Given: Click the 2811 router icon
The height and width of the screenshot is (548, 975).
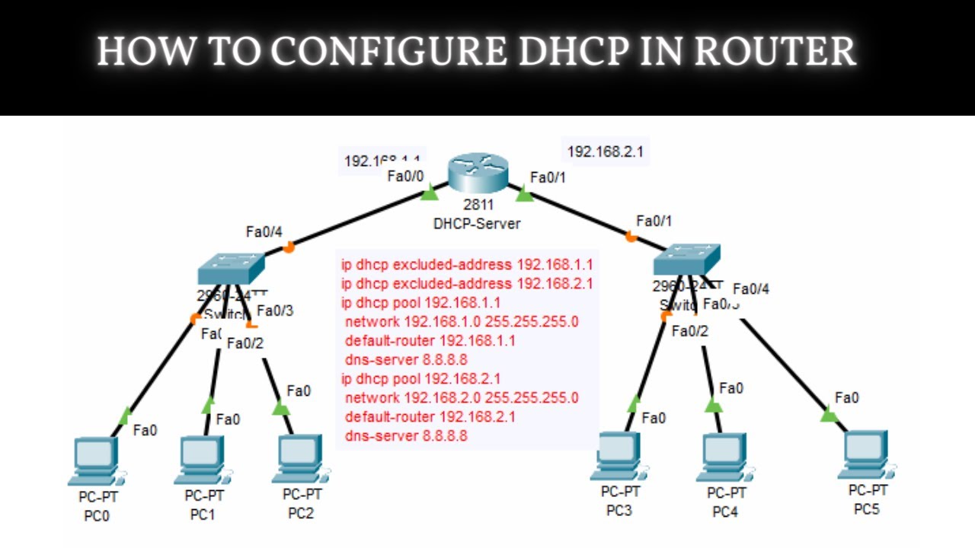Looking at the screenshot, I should [x=478, y=173].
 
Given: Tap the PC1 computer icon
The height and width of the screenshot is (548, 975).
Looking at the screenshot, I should [x=201, y=460].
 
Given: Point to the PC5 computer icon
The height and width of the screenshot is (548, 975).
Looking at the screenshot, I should [x=866, y=455].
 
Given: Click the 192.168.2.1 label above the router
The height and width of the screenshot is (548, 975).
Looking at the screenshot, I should [x=605, y=151].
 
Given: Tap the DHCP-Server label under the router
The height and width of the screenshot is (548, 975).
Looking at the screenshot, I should [x=477, y=224].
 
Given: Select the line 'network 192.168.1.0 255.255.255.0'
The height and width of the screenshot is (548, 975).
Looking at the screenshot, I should [x=462, y=321].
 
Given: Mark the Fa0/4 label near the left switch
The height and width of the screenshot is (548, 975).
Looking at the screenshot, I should [x=263, y=231].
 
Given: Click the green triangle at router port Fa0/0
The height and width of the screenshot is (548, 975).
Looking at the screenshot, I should [x=430, y=193].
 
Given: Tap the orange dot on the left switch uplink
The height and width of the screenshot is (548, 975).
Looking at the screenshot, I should [x=289, y=247].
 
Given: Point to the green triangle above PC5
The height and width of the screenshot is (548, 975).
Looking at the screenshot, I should [x=829, y=415].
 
